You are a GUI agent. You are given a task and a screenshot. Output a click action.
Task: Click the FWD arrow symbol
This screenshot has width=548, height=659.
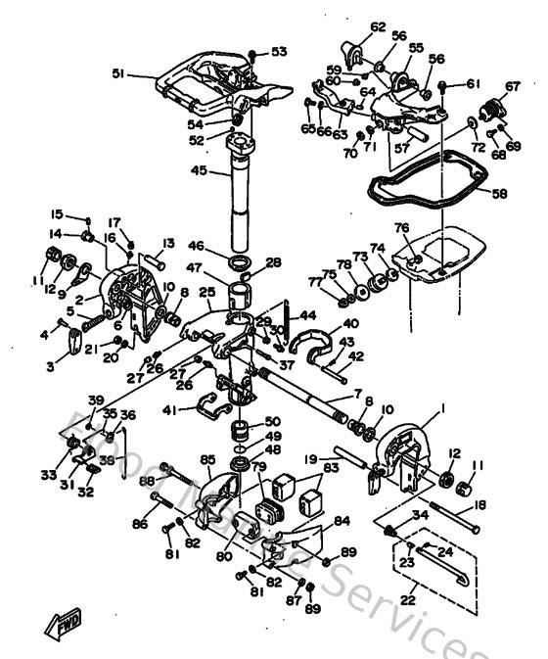coord(62,621)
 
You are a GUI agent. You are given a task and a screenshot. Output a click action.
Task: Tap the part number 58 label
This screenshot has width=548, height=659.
coord(499,194)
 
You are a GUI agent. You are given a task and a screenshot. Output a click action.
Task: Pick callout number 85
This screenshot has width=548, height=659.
coord(207,458)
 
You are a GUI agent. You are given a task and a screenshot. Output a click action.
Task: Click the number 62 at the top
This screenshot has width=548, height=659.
coord(351,26)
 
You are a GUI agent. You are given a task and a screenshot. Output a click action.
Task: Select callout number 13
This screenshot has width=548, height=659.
coord(168,243)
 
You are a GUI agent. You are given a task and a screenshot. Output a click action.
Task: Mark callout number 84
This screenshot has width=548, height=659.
coord(342,521)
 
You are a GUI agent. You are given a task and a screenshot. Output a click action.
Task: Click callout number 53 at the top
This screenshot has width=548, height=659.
coord(279,51)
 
